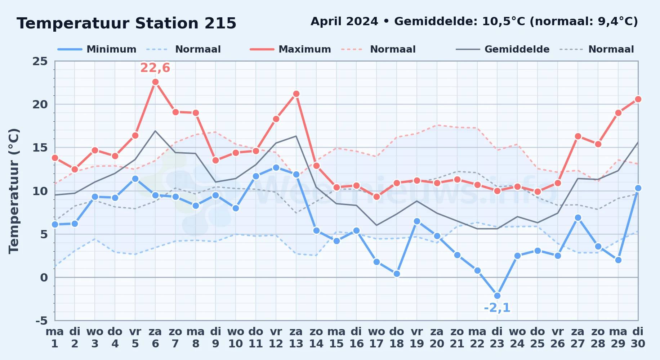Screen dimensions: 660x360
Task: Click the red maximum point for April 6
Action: coord(155,82)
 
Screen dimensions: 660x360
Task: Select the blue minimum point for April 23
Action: coord(497,296)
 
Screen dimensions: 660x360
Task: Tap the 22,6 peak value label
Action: coord(155,68)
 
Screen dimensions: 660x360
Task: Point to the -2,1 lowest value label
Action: coord(497,308)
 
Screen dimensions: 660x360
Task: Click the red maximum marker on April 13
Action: coord(296,94)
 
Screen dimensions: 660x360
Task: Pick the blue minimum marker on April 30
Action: coord(638,188)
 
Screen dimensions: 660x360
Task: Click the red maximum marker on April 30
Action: coord(638,99)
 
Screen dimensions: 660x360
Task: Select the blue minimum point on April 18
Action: coord(397,274)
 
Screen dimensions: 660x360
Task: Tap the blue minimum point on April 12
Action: coord(276,167)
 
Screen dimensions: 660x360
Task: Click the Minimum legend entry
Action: coord(97,49)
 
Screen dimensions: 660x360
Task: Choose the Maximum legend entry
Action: coord(290,49)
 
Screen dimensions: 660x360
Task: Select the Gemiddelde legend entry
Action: coord(503,49)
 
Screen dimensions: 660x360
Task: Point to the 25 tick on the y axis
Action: coord(40,61)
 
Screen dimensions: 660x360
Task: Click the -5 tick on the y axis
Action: coord(41,320)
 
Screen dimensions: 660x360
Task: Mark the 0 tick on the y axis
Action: coord(44,277)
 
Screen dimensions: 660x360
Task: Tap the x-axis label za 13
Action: coord(296,338)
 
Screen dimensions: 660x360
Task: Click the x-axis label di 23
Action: coord(497,338)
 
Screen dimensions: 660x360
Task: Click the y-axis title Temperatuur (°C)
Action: coord(14,191)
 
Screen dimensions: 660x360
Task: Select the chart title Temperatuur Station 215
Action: coord(126,23)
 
